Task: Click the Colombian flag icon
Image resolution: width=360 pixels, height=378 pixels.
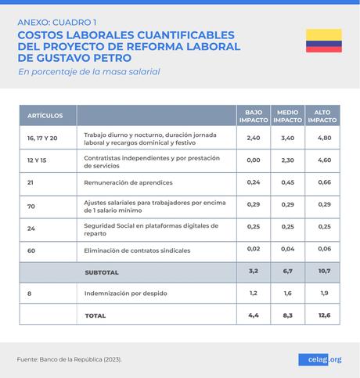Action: pos(323,41)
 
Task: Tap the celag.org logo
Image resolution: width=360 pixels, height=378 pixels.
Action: pos(319,359)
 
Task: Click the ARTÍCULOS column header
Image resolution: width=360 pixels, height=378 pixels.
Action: pos(45,116)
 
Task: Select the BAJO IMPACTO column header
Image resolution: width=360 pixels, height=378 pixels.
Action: pos(253,116)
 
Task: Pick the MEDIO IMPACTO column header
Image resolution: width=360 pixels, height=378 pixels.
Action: pos(287,116)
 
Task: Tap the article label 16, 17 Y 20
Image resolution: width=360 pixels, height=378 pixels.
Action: pos(42,138)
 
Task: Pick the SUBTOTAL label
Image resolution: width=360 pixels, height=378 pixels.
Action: pos(101,272)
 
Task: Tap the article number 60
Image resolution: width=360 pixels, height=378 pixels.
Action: pos(31,250)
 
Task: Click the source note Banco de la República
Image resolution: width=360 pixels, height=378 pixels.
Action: pos(70,359)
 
